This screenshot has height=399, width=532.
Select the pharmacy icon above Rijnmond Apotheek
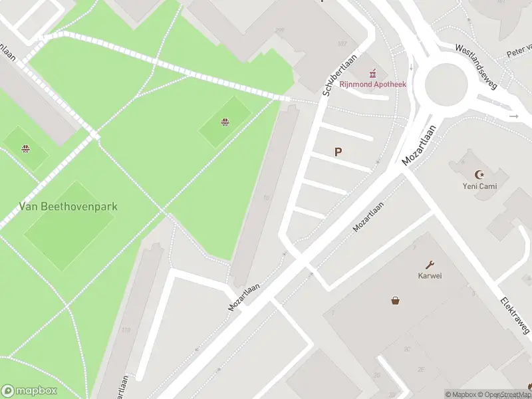pyautogui.click(x=373, y=72)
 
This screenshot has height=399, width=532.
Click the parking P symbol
pyautogui.click(x=338, y=152)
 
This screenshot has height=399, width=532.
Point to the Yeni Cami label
pyautogui.click(x=476, y=186)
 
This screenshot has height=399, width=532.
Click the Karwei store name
pyautogui.click(x=430, y=275)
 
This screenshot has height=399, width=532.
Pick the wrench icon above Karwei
pyautogui.click(x=430, y=264)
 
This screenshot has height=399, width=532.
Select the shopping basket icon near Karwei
pyautogui.click(x=396, y=300)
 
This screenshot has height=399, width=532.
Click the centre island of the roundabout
pyautogui.click(x=442, y=82)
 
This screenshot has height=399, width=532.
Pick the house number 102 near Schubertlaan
pyautogui.click(x=342, y=45)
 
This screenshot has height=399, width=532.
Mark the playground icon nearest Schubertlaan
pyautogui.click(x=225, y=121)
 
